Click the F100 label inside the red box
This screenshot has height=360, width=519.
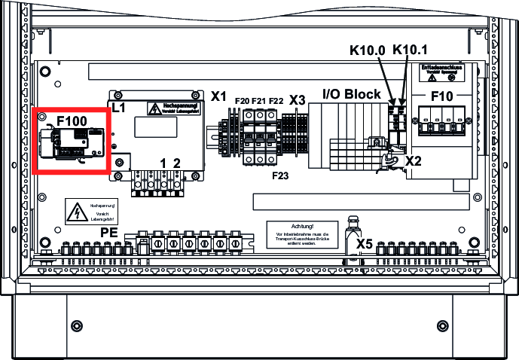(72, 121)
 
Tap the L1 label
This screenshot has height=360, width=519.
(118, 108)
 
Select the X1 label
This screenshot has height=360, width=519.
(218, 96)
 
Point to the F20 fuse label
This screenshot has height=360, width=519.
(243, 100)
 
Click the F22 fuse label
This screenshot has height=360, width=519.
(276, 100)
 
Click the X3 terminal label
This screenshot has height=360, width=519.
(297, 99)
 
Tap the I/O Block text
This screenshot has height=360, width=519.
(351, 94)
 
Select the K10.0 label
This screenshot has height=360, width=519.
(368, 51)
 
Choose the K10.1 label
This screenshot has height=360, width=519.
(411, 51)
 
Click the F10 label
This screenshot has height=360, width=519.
(443, 98)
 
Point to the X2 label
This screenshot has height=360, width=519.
(414, 160)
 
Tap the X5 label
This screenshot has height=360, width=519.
(365, 243)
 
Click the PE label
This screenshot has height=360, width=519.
(109, 233)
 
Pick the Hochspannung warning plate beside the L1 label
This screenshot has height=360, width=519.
(176, 108)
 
